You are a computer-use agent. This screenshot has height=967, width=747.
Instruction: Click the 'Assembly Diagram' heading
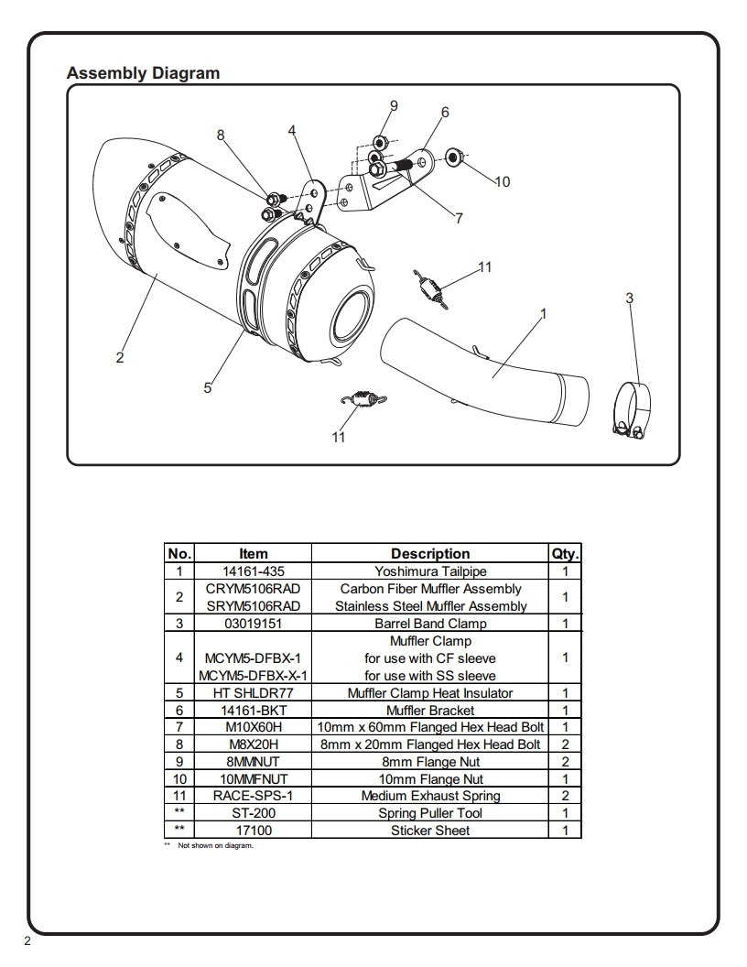click(143, 72)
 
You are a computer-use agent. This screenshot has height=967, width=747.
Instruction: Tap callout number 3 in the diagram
click(629, 299)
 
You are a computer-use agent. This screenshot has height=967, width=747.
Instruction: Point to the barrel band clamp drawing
click(632, 411)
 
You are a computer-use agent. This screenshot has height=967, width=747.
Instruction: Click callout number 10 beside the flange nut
click(503, 182)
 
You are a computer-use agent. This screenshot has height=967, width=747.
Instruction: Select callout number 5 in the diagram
click(208, 388)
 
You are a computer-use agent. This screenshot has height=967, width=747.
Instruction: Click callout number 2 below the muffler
click(120, 358)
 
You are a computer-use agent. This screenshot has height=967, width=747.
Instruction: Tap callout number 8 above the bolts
click(221, 136)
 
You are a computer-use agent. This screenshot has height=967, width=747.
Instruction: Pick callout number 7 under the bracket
click(459, 218)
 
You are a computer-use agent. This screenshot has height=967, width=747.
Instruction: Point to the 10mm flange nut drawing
click(454, 157)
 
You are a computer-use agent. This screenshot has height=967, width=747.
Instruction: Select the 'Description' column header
click(430, 554)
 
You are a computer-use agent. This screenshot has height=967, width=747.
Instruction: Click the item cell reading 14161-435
click(254, 571)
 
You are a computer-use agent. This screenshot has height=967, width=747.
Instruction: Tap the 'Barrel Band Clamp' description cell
click(430, 624)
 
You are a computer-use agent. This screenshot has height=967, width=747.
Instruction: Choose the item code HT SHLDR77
click(254, 693)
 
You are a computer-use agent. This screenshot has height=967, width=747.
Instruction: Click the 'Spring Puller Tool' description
click(430, 813)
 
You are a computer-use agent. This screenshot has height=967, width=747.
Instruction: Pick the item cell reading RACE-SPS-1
click(254, 796)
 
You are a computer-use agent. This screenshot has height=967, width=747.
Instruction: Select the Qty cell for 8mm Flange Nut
click(565, 762)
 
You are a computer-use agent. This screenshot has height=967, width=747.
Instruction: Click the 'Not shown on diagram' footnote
click(216, 845)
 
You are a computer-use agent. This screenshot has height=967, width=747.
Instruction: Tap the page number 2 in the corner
click(27, 941)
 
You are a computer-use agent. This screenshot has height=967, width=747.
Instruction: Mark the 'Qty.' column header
click(565, 554)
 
